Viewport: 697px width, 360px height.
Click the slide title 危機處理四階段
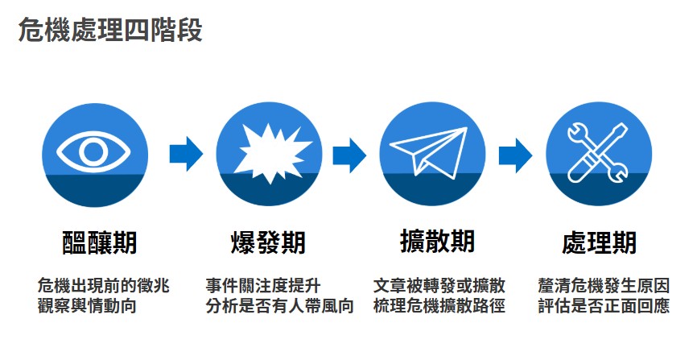pyautogui.click(x=110, y=31)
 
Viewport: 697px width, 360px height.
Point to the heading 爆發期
pyautogui.click(x=268, y=242)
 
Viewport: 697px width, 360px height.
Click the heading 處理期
pyautogui.click(x=600, y=242)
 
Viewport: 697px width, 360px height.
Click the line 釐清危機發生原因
pyautogui.click(x=604, y=286)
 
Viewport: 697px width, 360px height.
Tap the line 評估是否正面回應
pyautogui.click(x=604, y=306)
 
